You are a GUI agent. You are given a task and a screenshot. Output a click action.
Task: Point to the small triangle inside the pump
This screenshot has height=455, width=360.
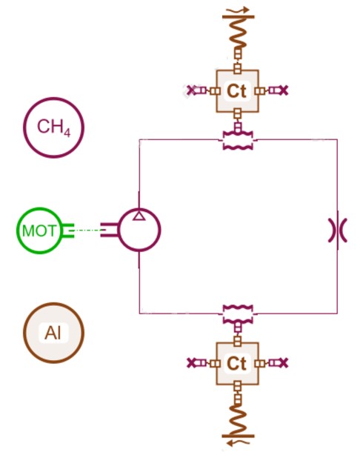click(x=139, y=216)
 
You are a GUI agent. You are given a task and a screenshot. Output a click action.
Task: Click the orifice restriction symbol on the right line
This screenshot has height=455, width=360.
click(x=338, y=230)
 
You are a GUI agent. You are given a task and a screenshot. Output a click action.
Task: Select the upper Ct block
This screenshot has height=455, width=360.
click(x=237, y=91)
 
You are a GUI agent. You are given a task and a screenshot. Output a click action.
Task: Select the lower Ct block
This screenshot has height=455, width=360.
click(x=237, y=363)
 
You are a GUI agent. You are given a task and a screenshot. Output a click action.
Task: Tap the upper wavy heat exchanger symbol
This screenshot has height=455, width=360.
click(x=238, y=141)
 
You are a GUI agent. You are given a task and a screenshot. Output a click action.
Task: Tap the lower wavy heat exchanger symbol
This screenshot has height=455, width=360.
click(x=238, y=314)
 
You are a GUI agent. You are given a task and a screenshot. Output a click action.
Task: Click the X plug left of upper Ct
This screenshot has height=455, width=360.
click(x=191, y=90)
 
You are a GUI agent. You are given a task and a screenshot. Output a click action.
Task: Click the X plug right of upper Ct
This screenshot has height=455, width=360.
click(x=284, y=90)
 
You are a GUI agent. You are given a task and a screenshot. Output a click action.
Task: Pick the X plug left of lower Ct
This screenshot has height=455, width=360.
click(x=192, y=362)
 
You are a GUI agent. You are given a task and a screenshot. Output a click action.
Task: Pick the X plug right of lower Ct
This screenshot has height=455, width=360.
click(x=284, y=362)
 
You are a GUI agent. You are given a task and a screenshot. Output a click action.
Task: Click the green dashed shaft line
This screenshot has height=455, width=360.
click(x=87, y=230)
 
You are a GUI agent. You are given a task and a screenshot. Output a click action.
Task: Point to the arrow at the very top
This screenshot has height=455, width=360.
click(x=239, y=10)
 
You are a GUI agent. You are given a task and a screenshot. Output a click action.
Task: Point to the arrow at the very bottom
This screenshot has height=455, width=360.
click(x=239, y=443)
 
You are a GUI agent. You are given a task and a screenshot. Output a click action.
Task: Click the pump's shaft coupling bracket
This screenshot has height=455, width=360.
click(x=110, y=230)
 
